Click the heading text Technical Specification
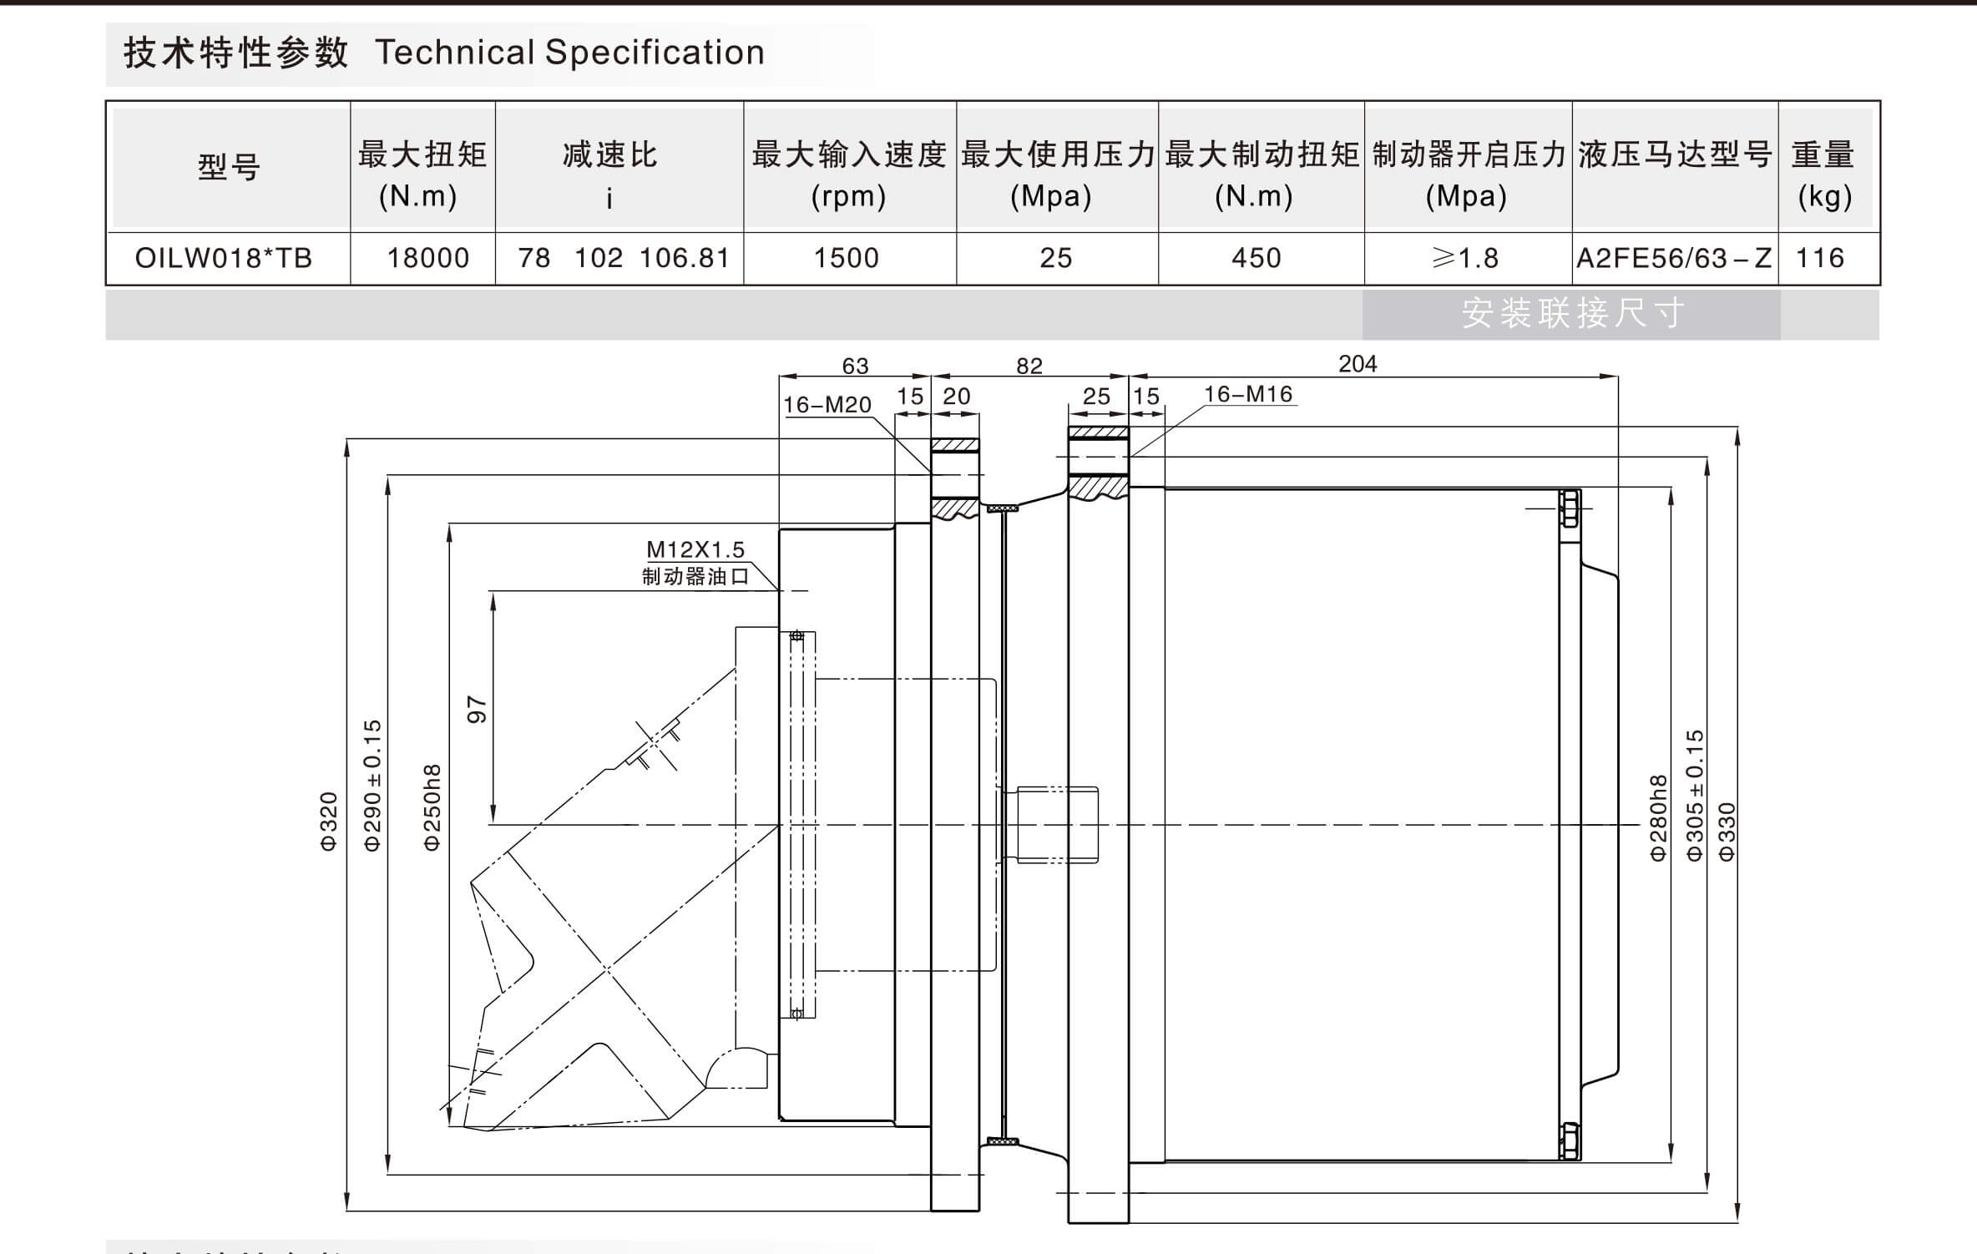(569, 53)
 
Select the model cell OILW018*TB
(224, 258)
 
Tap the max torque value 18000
(427, 258)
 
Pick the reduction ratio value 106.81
(685, 258)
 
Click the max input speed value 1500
(847, 258)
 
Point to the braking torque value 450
(1256, 258)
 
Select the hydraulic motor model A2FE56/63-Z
(1673, 258)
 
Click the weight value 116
(1820, 258)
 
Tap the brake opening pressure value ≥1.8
(1466, 258)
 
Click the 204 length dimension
(1358, 364)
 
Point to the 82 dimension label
(1029, 366)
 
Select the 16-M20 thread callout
(827, 405)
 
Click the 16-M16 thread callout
(1248, 394)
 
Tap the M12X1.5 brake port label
(695, 549)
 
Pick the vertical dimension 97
(477, 709)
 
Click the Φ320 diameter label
(329, 822)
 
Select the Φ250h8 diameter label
(432, 807)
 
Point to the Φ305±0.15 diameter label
(1695, 795)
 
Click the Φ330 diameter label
(1727, 832)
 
